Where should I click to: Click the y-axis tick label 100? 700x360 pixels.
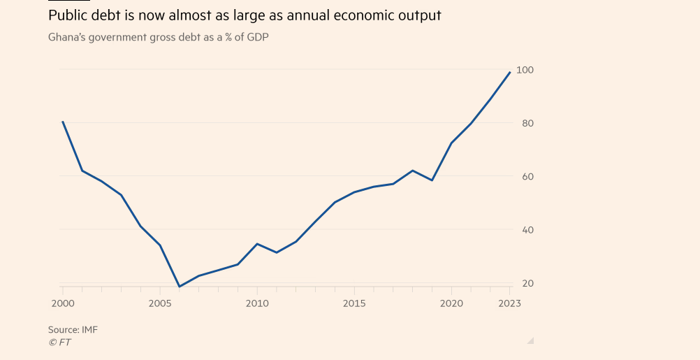(525, 70)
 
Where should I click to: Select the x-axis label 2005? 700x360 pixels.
(160, 303)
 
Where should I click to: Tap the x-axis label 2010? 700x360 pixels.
(257, 303)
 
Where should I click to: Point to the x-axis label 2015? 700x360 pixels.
(354, 303)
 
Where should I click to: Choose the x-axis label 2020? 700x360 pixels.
(451, 303)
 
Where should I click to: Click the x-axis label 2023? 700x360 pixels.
(510, 303)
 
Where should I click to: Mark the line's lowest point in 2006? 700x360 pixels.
(180, 287)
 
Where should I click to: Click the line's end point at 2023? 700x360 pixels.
(510, 72)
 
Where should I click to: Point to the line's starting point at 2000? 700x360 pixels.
(63, 122)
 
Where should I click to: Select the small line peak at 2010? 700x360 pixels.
(257, 244)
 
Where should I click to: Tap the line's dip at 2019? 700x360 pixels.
(432, 180)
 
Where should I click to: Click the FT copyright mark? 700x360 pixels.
(59, 342)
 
